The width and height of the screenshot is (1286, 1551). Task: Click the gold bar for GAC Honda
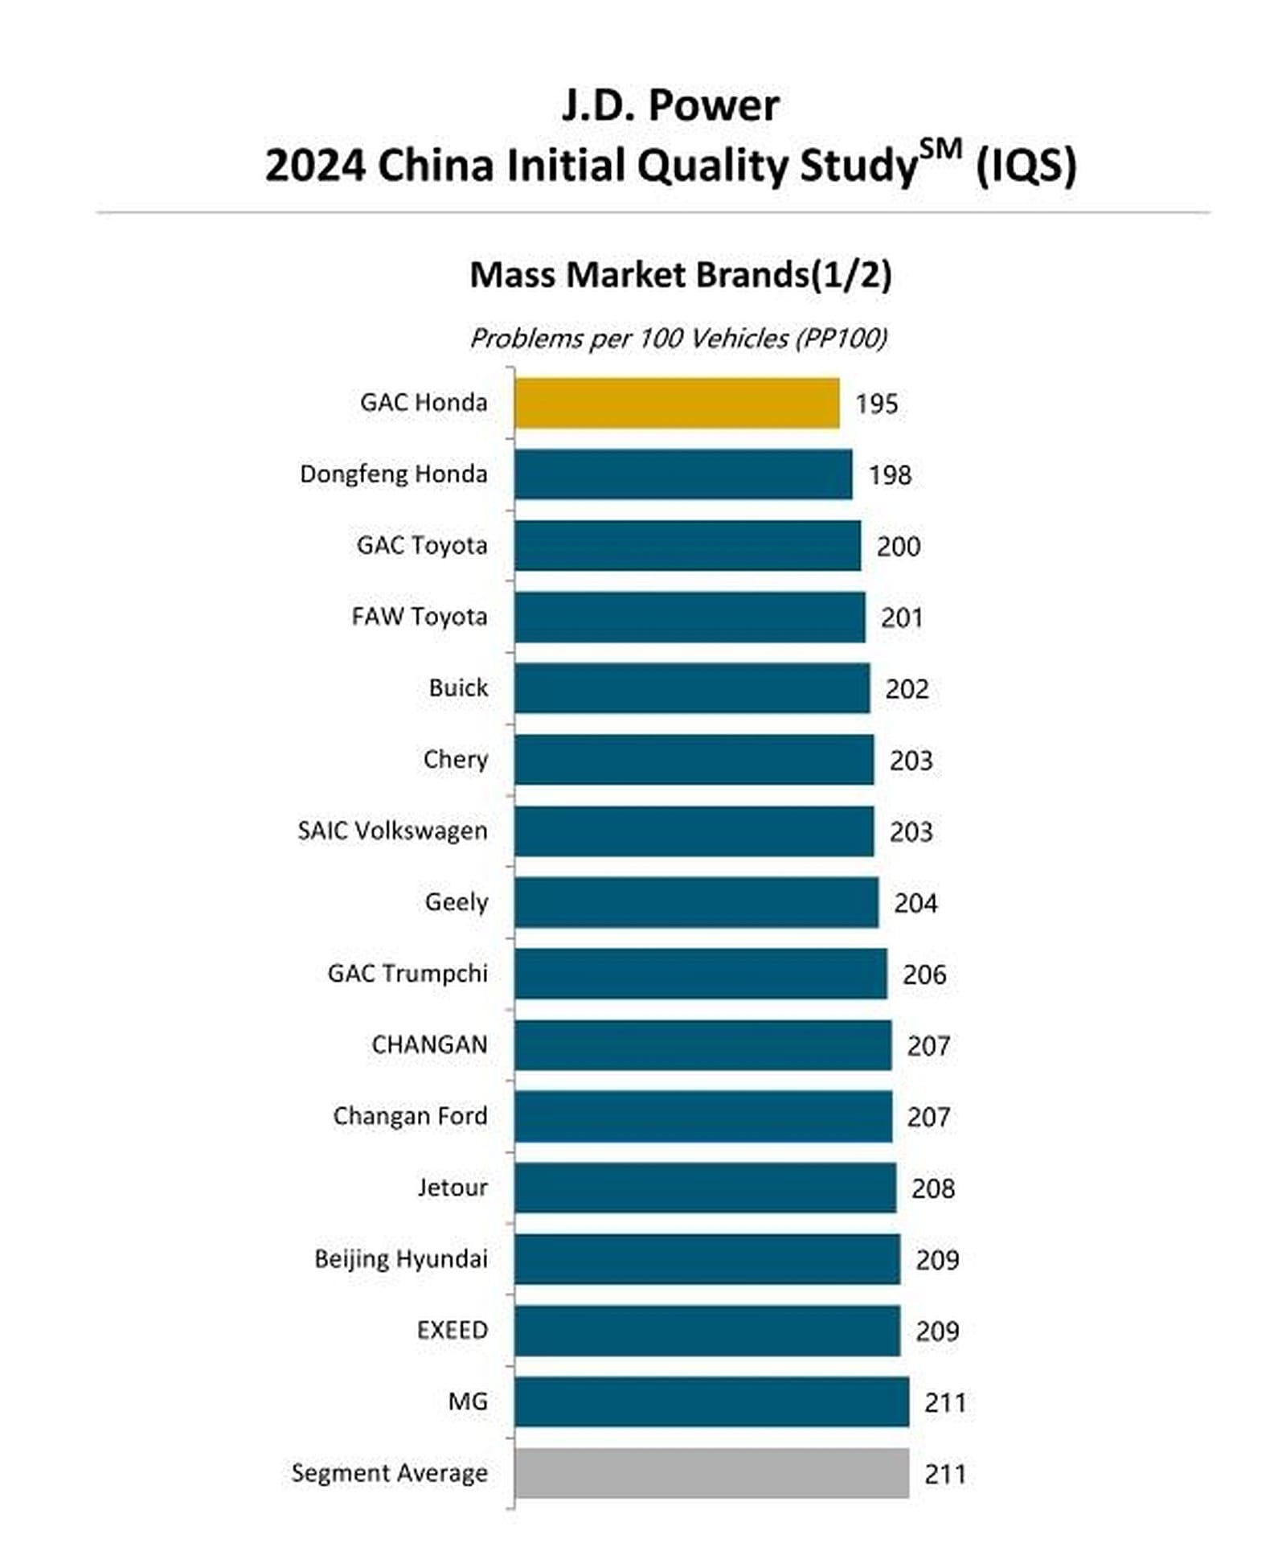(677, 403)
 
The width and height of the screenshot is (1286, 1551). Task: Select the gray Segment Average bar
(712, 1473)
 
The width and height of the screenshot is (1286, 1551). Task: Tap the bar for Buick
(692, 688)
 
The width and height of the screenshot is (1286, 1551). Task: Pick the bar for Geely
(697, 902)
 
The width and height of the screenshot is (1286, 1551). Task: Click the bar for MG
(712, 1402)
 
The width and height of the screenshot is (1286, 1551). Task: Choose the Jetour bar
(706, 1188)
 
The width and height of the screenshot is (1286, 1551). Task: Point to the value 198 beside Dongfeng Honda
(890, 475)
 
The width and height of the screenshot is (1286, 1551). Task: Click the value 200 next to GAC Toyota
(899, 547)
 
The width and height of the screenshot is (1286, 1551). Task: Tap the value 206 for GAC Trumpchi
(924, 975)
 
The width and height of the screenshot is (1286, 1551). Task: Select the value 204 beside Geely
(915, 904)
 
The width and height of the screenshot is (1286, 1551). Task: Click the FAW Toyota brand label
(420, 617)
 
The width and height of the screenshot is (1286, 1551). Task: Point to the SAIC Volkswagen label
(392, 831)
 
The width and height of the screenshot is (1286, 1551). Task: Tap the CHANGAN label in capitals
(429, 1044)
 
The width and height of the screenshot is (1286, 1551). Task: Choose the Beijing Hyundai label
(401, 1259)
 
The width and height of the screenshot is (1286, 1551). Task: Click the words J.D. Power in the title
(670, 105)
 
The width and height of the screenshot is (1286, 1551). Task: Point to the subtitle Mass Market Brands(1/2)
(681, 275)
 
